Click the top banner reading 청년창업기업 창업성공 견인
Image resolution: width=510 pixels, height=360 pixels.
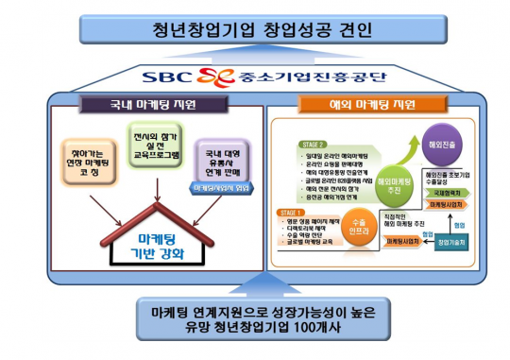point(255,29)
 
